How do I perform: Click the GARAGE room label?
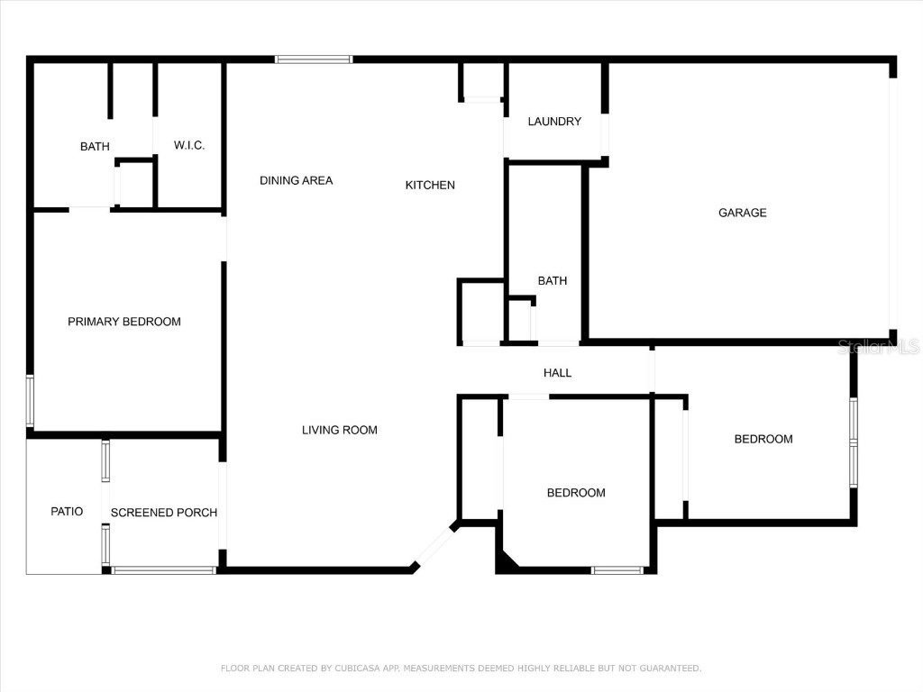point(742,213)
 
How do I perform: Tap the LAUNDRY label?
point(554,122)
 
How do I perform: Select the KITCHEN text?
point(430,185)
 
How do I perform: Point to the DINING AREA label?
point(296,180)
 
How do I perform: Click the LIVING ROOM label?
point(339,430)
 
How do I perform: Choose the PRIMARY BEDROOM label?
point(124,322)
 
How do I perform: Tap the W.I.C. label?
point(189,145)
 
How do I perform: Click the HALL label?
point(557,372)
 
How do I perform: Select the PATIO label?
point(67,511)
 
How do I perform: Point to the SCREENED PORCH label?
point(164,513)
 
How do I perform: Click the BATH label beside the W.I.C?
point(95,146)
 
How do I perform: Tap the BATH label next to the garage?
point(553,280)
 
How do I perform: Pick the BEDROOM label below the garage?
point(763,439)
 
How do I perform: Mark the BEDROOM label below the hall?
point(576,493)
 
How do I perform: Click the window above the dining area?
point(314,59)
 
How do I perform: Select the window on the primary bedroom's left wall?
point(30,401)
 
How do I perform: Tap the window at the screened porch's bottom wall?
point(163,569)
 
